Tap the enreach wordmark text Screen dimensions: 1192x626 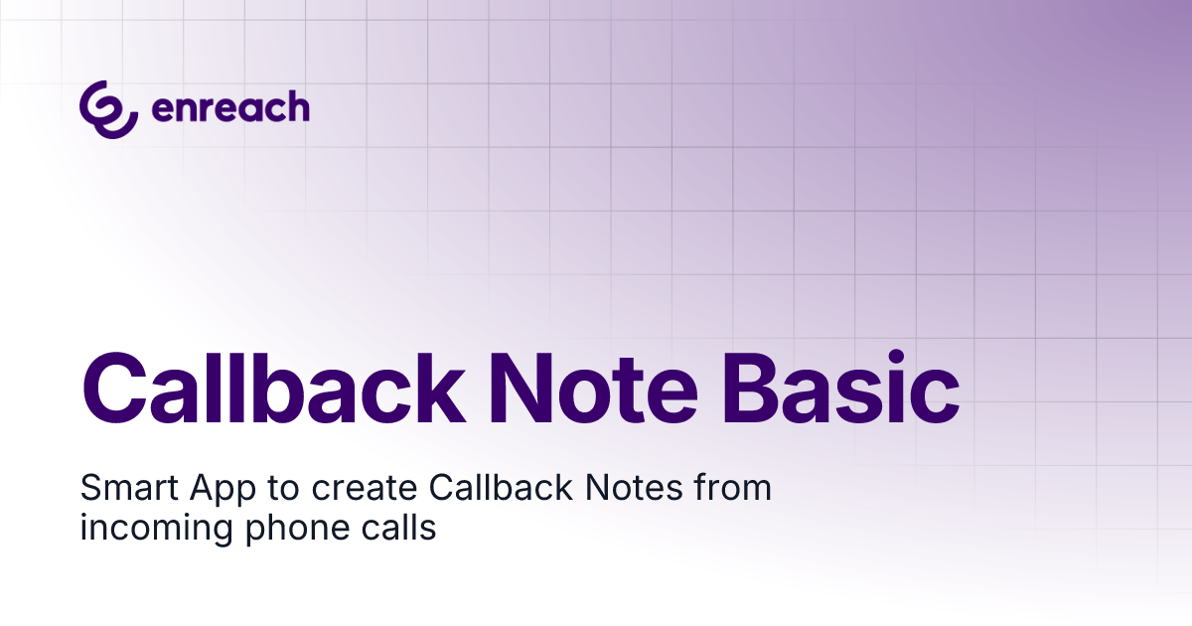tap(230, 106)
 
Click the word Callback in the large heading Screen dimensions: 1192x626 tap(274, 389)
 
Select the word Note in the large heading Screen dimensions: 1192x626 tap(593, 390)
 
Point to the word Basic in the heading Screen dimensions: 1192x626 tap(840, 388)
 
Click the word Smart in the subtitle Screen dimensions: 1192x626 tap(129, 488)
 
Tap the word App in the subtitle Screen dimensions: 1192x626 tap(223, 490)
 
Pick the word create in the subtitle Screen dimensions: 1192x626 tap(365, 489)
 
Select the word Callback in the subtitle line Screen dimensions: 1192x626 tap(501, 487)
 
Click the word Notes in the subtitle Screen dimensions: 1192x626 tap(634, 487)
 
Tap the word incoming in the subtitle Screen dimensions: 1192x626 tap(157, 529)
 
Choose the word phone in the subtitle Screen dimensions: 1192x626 tap(298, 529)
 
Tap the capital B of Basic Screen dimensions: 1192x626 tap(749, 390)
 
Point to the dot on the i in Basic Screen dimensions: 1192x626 tap(896, 358)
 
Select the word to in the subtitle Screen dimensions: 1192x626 tap(284, 489)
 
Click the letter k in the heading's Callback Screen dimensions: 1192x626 tap(442, 389)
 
